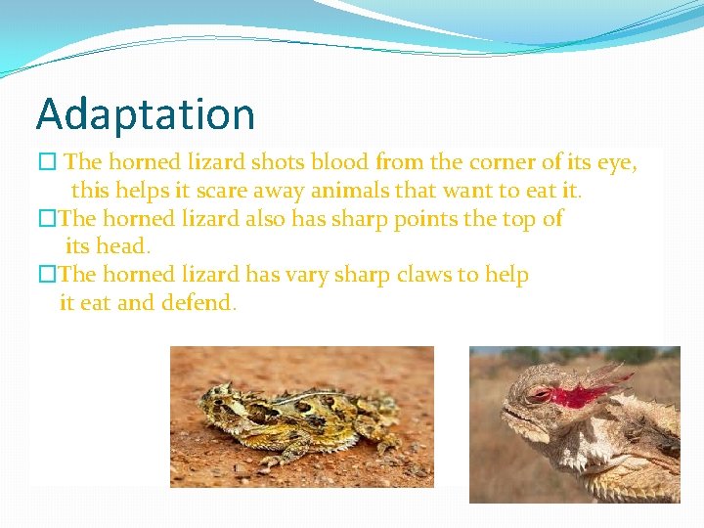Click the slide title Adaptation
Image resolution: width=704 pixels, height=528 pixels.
[145, 114]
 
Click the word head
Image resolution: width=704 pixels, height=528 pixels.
[122, 246]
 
